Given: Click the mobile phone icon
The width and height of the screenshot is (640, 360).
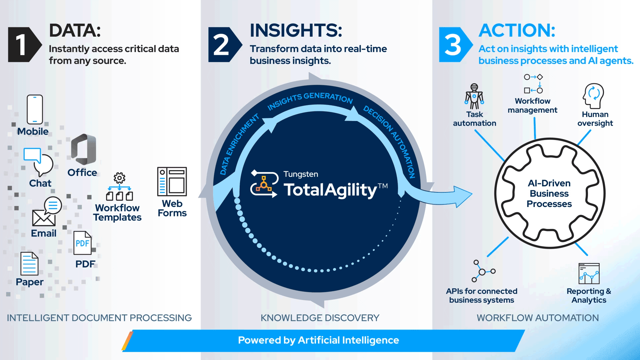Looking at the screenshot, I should pos(35,109).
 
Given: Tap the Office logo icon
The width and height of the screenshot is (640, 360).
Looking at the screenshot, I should pos(83,149).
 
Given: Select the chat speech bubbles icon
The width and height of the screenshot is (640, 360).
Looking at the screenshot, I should pos(39,162).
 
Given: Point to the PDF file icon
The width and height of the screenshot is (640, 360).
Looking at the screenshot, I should pos(82,243).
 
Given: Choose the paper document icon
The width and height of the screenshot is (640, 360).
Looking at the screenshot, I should pos(29,264).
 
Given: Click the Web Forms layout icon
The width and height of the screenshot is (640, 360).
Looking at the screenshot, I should pos(172,181).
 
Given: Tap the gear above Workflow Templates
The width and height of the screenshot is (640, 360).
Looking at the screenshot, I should pos(119,178).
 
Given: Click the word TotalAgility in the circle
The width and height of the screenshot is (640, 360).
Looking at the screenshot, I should pos(330,190).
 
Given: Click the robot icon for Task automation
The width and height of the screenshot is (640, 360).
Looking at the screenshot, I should pos(474,96).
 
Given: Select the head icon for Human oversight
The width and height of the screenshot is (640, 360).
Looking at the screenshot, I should pos(594,96).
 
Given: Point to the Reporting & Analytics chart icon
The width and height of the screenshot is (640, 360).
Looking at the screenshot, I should pos(589,273).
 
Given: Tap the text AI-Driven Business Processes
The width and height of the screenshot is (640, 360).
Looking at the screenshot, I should pos(549,193).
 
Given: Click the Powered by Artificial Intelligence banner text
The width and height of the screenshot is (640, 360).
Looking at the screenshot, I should pos(318,340).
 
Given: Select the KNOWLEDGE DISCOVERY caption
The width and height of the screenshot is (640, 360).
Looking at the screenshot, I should pos(320,318).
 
